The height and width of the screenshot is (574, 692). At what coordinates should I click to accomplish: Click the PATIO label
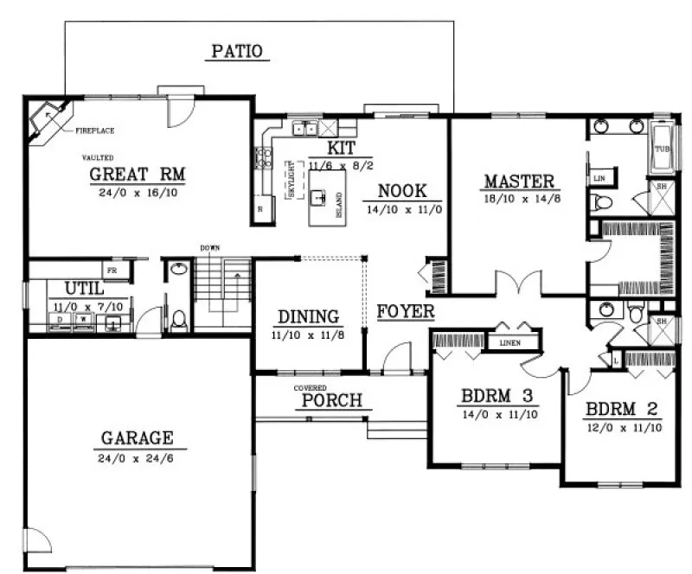pyautogui.click(x=237, y=52)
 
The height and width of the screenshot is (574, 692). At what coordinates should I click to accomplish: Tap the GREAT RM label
pyautogui.click(x=138, y=175)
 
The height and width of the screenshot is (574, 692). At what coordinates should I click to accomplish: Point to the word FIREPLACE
pyautogui.click(x=95, y=131)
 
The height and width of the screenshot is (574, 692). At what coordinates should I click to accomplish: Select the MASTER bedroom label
pyautogui.click(x=518, y=182)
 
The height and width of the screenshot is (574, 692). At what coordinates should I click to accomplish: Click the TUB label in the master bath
pyautogui.click(x=661, y=149)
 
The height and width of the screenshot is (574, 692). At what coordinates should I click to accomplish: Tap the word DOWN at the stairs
pyautogui.click(x=209, y=249)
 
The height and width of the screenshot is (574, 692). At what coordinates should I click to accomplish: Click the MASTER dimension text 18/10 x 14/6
pyautogui.click(x=518, y=199)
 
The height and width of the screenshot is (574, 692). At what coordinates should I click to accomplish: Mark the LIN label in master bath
pyautogui.click(x=599, y=178)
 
